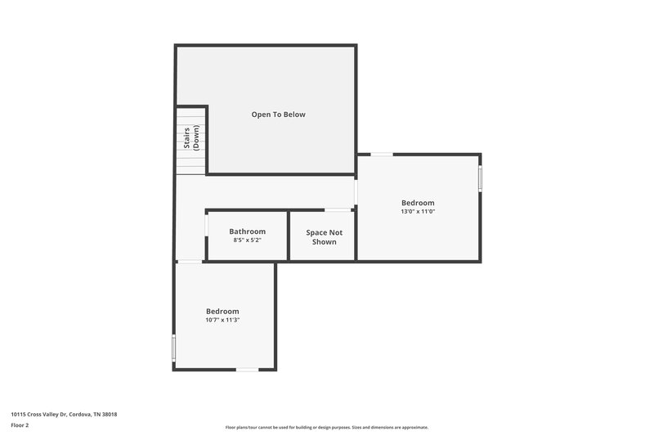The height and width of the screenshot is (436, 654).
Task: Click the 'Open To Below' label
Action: click(x=278, y=115)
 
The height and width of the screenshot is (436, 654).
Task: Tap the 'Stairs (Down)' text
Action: click(x=191, y=140)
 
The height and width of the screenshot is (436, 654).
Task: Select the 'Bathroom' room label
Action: click(x=247, y=231)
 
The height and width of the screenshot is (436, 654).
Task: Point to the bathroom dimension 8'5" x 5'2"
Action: click(x=247, y=240)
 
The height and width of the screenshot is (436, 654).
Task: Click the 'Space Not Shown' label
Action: click(x=324, y=237)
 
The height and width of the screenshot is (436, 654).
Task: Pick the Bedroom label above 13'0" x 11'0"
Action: click(x=418, y=203)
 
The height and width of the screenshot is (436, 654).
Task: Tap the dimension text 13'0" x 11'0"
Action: click(x=418, y=212)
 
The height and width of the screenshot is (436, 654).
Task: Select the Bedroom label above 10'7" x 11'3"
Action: click(x=222, y=311)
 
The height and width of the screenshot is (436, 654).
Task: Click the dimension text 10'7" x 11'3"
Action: click(x=222, y=320)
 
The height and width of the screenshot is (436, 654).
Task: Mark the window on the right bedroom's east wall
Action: click(x=480, y=178)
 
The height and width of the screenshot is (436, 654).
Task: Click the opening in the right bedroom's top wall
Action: click(x=382, y=154)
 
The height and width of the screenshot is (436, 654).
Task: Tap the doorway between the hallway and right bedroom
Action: click(x=356, y=192)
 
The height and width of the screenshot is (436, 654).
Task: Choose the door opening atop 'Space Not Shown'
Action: click(x=338, y=210)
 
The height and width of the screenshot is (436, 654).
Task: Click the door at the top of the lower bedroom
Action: click(x=190, y=262)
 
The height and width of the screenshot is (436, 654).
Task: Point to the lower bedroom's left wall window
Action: click(x=173, y=347)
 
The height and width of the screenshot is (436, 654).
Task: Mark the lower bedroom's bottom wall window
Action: click(x=247, y=370)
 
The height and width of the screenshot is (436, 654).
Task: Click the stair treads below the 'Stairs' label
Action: click(x=190, y=164)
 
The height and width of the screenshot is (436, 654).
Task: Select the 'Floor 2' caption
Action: click(x=20, y=425)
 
